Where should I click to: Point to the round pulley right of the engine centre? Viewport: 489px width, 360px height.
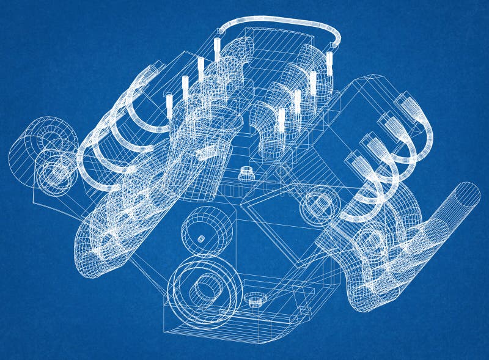317,204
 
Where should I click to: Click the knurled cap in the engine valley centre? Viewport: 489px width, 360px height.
246,172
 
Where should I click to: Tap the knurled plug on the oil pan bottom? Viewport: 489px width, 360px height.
256,299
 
